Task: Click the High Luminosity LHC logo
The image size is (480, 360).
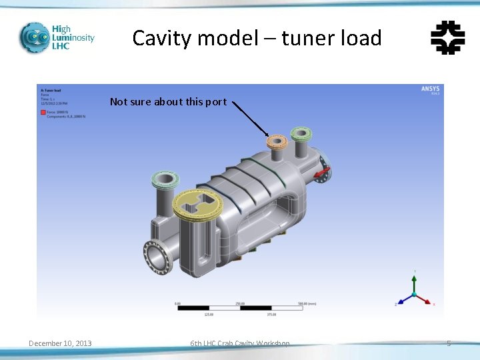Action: click(x=56, y=38)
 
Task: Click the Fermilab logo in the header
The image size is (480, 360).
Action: click(x=447, y=37)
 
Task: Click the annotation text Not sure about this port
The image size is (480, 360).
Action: click(x=168, y=102)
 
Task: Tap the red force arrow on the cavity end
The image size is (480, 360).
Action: click(x=323, y=174)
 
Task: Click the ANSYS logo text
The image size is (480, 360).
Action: click(x=430, y=89)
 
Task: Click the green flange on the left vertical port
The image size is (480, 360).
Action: click(x=164, y=179)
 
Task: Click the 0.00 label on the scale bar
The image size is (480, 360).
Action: click(x=177, y=303)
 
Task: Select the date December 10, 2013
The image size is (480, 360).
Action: click(x=60, y=343)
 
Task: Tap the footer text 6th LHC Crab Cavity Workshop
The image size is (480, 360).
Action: click(x=240, y=343)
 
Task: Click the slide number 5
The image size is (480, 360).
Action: click(x=449, y=343)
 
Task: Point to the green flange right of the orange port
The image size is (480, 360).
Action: click(x=301, y=133)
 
